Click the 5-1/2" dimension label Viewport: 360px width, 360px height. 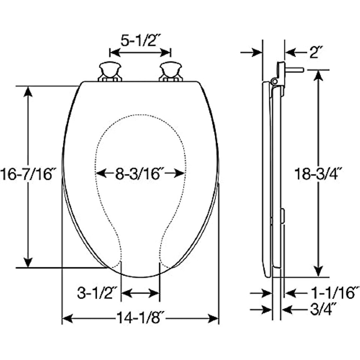coord(140,41)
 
